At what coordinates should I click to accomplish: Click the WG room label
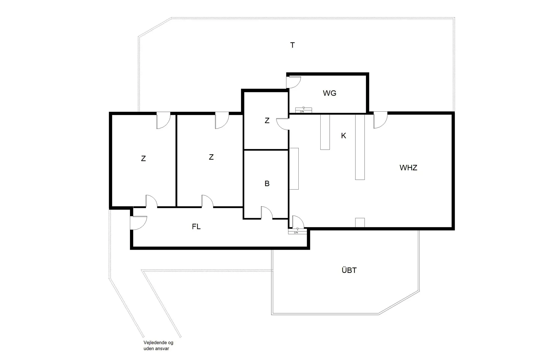click(329, 93)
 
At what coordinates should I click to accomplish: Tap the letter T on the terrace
click(292, 45)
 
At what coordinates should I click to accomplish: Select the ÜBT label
click(349, 270)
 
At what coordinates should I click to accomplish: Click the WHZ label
click(408, 168)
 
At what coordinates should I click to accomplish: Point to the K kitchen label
click(343, 136)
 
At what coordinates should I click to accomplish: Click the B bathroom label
click(267, 184)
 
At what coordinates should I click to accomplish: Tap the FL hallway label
click(196, 227)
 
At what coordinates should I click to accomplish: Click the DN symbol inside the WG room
click(303, 110)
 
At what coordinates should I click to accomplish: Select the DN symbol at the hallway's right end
click(296, 231)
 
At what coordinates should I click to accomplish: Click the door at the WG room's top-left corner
click(293, 82)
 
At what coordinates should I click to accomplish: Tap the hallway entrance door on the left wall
click(138, 223)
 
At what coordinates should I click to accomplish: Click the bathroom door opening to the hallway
click(267, 213)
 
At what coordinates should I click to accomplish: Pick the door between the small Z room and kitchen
click(283, 124)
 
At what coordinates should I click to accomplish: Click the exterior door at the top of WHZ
click(380, 120)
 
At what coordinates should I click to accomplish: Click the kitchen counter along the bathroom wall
click(294, 168)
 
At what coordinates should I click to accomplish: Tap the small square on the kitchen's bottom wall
click(360, 222)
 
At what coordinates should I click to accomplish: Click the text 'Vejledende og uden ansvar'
click(158, 346)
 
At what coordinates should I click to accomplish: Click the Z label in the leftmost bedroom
click(143, 159)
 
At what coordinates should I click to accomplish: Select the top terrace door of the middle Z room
click(222, 120)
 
